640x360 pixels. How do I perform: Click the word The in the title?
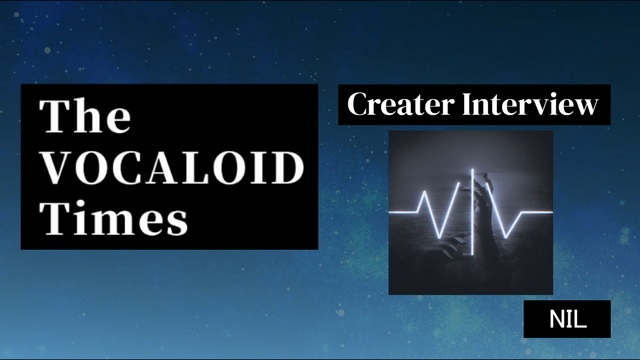85,116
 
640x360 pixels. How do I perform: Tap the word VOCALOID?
173,168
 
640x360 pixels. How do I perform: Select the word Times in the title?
114,218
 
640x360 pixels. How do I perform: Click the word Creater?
401,104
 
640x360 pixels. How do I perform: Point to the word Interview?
530,104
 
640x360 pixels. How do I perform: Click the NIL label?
568,319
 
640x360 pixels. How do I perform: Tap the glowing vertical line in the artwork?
472,212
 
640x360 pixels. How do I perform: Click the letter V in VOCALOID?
57,168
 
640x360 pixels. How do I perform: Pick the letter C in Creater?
358,104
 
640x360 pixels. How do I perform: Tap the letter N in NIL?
557,319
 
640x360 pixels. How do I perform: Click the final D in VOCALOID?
289,168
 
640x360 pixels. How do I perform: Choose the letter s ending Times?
178,224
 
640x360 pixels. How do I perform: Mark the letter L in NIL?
581,319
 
